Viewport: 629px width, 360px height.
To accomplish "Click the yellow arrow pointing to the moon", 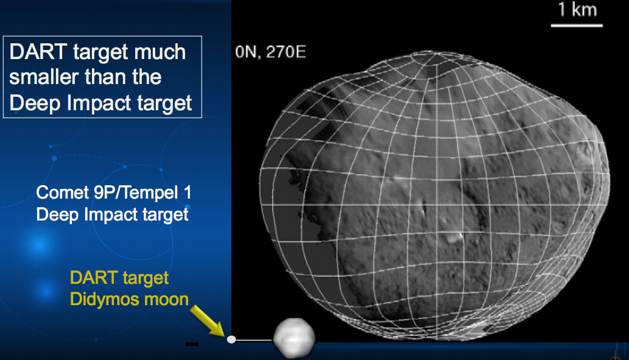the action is pyautogui.click(x=208, y=321).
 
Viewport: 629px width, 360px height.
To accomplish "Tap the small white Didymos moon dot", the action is pyautogui.click(x=231, y=339).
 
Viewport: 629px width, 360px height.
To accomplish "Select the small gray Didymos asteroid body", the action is pyautogui.click(x=294, y=337).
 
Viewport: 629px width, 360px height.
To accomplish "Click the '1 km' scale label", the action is pyautogui.click(x=578, y=10).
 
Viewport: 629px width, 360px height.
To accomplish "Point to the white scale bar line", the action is pyautogui.click(x=577, y=26).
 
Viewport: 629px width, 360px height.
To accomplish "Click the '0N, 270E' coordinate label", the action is pyautogui.click(x=271, y=52).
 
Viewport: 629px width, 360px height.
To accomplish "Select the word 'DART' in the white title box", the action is pyautogui.click(x=38, y=52).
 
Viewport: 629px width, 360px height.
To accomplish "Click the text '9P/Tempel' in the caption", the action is pyautogui.click(x=136, y=193).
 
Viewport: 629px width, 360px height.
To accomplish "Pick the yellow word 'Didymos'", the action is pyautogui.click(x=105, y=300).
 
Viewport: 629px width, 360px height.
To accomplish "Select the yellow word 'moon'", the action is pyautogui.click(x=166, y=300).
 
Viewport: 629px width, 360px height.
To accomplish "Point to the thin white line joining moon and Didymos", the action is pyautogui.click(x=254, y=341).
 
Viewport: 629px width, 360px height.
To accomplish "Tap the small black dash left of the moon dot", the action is pyautogui.click(x=192, y=344).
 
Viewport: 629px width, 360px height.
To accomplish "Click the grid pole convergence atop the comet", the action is pyautogui.click(x=428, y=55).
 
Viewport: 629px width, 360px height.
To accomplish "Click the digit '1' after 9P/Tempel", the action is pyautogui.click(x=188, y=192).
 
